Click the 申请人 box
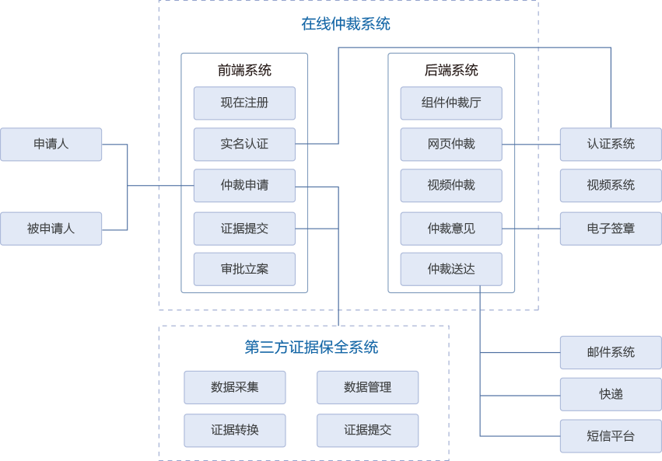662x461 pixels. pos(51,145)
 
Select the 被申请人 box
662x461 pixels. pos(51,229)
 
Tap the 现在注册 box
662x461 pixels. pos(244,103)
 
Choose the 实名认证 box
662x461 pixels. pos(244,144)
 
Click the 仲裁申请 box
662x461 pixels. pos(244,186)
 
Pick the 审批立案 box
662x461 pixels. pos(244,269)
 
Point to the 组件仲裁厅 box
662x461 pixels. pos(451,103)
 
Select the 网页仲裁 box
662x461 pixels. pos(451,144)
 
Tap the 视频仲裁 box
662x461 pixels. pos(451,186)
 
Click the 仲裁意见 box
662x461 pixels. pos(451,228)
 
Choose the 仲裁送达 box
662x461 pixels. pos(451,269)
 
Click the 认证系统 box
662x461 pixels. pos(611,144)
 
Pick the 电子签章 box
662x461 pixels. pos(611,228)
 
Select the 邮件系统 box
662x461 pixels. pos(611,352)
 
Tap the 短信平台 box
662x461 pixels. pos(611,436)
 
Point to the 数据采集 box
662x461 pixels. pos(235,387)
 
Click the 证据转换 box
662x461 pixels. pos(235,430)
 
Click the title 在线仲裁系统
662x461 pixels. pos(345,24)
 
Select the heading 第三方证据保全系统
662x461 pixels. pos(311,347)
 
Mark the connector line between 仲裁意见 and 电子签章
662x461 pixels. pos(531,228)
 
